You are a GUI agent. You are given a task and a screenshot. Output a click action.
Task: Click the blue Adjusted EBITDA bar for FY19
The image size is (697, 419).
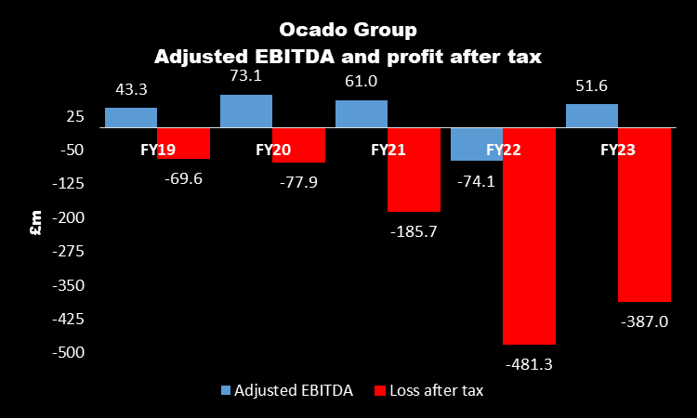(131, 118)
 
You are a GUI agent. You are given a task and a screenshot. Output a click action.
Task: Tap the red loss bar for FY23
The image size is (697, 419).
(644, 215)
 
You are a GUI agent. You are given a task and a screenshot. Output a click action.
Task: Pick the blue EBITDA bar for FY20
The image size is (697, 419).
(246, 111)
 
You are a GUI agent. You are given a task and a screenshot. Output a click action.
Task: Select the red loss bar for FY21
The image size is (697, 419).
(414, 170)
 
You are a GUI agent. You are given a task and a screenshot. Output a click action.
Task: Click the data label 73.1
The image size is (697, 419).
(247, 78)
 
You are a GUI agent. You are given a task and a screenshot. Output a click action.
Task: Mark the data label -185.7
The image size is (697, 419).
(413, 231)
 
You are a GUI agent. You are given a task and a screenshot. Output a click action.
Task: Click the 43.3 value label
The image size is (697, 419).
(131, 91)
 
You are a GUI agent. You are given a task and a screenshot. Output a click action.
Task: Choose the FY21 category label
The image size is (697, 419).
(388, 149)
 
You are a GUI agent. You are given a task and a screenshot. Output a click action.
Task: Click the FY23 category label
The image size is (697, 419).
(618, 149)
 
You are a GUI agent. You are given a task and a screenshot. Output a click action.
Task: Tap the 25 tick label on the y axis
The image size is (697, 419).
(75, 116)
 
